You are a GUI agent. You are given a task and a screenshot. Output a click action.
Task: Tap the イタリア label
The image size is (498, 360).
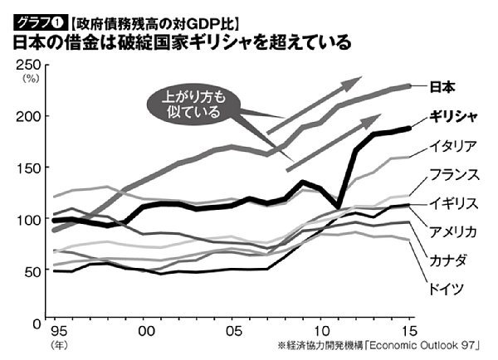452,147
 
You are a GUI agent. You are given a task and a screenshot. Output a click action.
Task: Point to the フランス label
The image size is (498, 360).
452,175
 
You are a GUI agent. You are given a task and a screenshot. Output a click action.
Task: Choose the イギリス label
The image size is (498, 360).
452,203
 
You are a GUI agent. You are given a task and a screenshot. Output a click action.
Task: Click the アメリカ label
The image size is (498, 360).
452,231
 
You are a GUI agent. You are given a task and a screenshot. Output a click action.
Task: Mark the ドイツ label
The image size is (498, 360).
446,289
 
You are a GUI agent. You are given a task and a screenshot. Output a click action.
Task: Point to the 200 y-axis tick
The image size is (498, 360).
28,116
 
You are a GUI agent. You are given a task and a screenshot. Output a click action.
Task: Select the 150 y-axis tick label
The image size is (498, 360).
28,168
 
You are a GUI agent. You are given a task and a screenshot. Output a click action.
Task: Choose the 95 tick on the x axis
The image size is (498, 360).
57,330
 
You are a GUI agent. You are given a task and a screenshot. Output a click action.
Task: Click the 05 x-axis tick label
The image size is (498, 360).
235,330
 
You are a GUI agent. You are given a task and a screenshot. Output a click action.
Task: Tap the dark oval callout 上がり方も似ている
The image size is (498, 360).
192,105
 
